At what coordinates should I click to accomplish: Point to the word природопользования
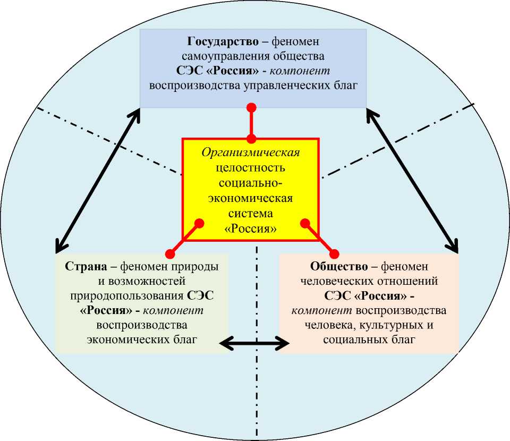point(137,295)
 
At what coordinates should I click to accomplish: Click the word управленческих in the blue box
point(283,85)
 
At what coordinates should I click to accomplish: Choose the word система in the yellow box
point(251,215)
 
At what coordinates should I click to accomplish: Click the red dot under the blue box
point(252,108)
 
